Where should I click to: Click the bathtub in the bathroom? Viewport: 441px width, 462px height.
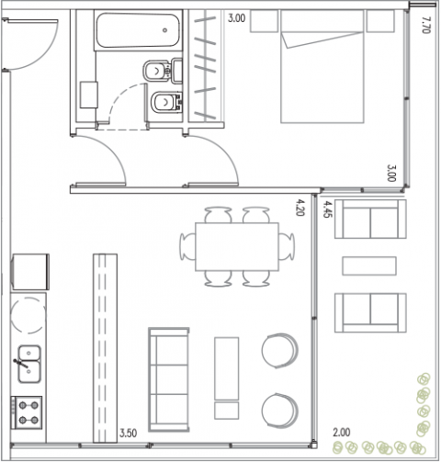pos(138,30)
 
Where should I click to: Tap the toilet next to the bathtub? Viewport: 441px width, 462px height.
pos(163,71)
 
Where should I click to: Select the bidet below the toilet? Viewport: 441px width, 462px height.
pos(166,102)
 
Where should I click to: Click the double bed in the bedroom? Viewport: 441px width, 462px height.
pos(322,66)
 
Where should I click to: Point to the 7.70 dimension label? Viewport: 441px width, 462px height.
pos(426,25)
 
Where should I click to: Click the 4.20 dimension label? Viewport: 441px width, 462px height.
pos(300,208)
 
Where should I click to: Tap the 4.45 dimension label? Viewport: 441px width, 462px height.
pos(327,209)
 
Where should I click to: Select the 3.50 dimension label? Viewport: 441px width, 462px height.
pos(128,434)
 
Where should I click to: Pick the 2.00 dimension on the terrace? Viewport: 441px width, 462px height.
pos(342,433)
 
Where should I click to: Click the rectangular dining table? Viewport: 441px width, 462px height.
pos(237,247)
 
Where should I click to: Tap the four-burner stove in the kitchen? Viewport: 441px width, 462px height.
pos(27,412)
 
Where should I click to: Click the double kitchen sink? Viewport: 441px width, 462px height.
pos(29,364)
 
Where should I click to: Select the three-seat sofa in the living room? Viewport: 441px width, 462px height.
pos(169,379)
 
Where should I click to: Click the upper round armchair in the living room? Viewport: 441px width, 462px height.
pos(279,351)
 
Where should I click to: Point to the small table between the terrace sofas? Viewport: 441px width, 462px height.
pos(369,265)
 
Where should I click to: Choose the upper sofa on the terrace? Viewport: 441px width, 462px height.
pos(370,219)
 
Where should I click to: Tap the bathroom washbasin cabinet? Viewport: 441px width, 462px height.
pos(89,95)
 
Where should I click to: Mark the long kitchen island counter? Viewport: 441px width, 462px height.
pos(105,348)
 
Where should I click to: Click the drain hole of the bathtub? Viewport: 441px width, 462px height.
pos(164,30)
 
